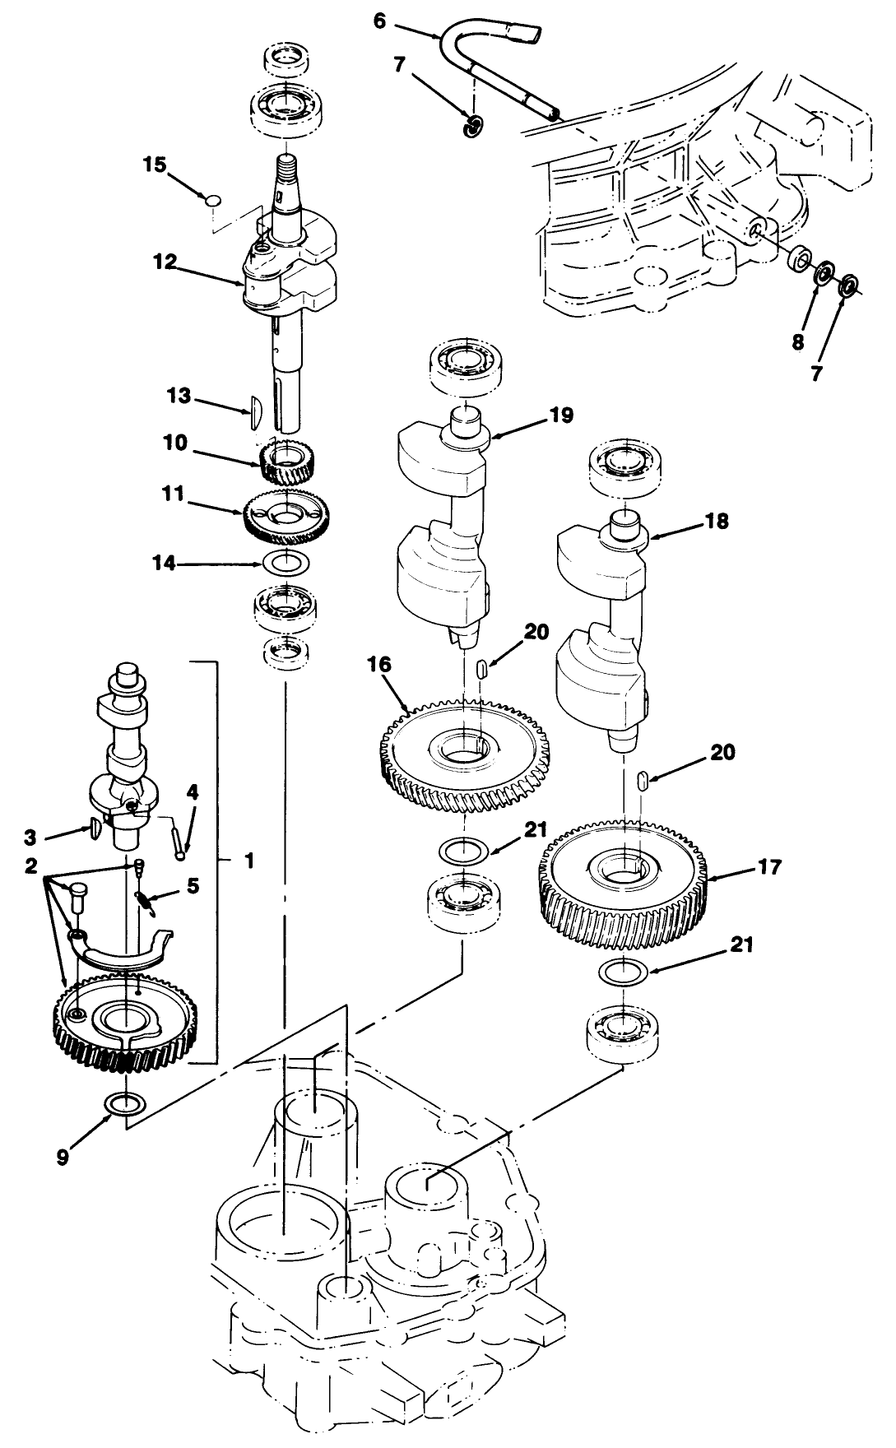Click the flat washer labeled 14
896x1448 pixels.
[286, 564]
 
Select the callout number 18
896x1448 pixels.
[717, 522]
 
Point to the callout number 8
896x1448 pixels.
[797, 341]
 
